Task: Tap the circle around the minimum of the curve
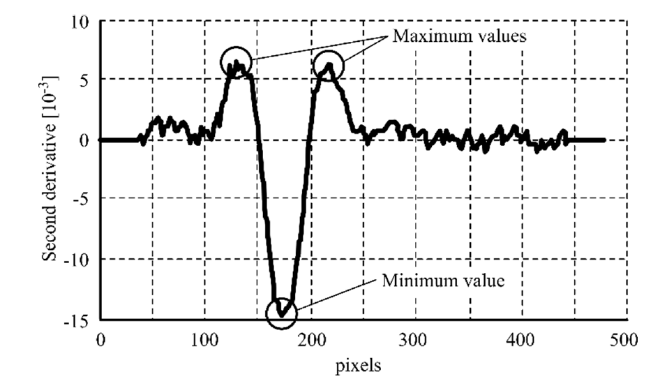[282, 312]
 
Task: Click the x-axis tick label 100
[205, 340]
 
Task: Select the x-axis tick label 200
[310, 340]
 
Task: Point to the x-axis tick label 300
[416, 340]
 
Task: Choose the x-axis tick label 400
[522, 340]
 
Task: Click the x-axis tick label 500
[627, 340]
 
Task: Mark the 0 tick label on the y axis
[84, 140]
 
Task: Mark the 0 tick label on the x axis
[100, 340]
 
